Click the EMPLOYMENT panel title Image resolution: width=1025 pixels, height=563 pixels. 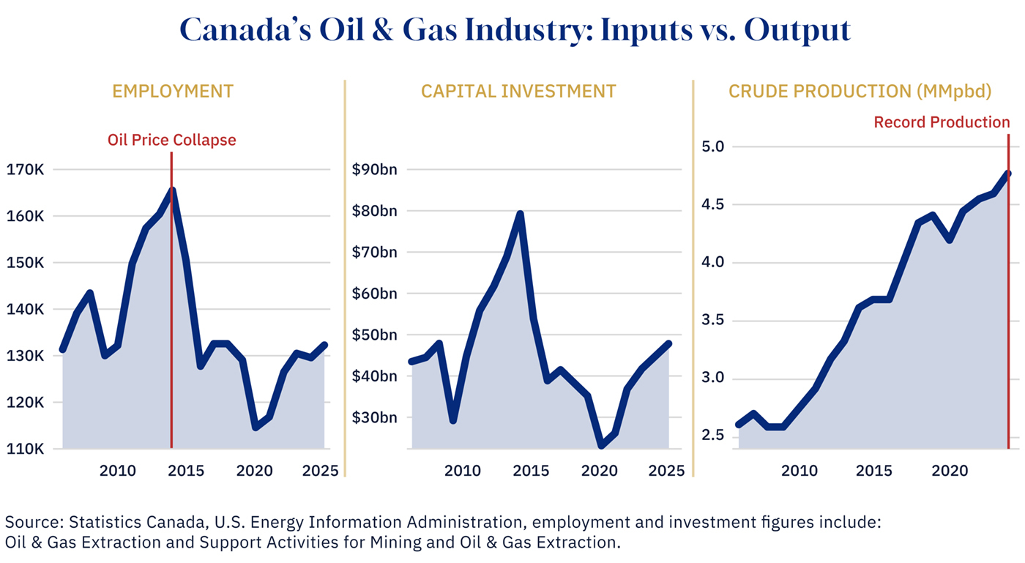coord(173,92)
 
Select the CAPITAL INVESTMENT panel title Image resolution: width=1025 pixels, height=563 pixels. coord(518,92)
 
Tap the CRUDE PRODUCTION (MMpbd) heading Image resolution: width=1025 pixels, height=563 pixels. coord(860,92)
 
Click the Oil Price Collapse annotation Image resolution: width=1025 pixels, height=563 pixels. coord(172,140)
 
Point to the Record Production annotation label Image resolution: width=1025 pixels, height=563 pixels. coord(942,122)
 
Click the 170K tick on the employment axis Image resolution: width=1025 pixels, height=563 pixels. coord(26,170)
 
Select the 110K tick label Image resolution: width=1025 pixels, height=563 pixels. coord(26,449)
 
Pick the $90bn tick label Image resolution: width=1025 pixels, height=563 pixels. coord(374,170)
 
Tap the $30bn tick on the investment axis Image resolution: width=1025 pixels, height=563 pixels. coord(374,418)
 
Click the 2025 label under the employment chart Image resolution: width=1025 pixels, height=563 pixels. coord(319,470)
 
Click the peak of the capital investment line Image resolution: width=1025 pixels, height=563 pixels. coord(520,214)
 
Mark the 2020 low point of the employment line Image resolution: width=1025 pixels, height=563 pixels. coord(256,428)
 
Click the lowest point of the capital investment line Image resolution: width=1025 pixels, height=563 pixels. coord(602,444)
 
